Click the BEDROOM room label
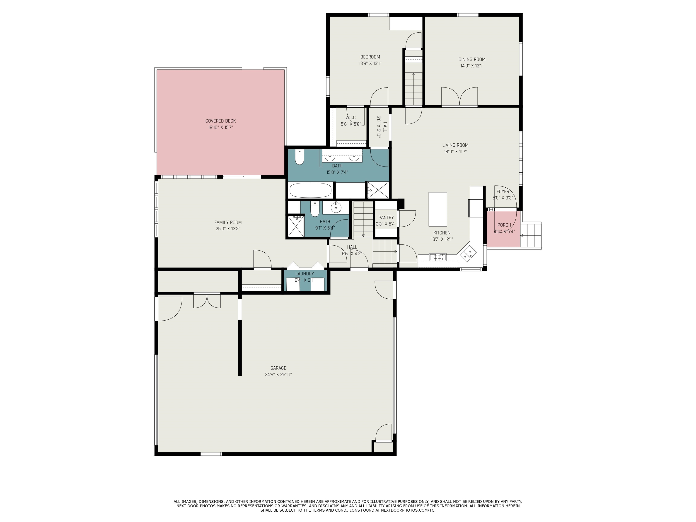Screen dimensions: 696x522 (370, 57)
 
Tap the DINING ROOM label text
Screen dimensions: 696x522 (472, 59)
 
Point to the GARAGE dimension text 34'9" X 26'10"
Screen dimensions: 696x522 (278, 375)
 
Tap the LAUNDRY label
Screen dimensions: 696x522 (304, 274)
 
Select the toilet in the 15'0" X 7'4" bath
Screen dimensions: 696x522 (299, 157)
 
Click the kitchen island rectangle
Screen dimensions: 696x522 (438, 209)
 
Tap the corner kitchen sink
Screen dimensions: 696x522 (469, 253)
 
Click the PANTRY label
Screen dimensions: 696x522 (386, 218)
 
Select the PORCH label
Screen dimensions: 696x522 (504, 225)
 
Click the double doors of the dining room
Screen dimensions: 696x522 (459, 96)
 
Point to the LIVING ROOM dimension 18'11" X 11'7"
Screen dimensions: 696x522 (455, 152)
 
